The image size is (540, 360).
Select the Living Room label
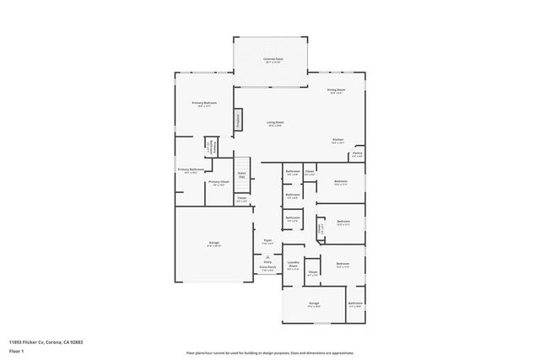(275, 124)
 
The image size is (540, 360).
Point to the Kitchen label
(337, 142)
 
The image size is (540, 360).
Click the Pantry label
(358, 155)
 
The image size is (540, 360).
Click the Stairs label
(241, 175)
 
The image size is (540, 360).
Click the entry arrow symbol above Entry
(267, 255)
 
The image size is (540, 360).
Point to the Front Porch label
(267, 269)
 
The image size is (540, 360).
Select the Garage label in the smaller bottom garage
(313, 304)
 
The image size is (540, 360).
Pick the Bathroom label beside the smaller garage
(355, 304)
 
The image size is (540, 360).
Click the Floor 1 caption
(17, 352)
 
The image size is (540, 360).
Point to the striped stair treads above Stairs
(243, 164)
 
